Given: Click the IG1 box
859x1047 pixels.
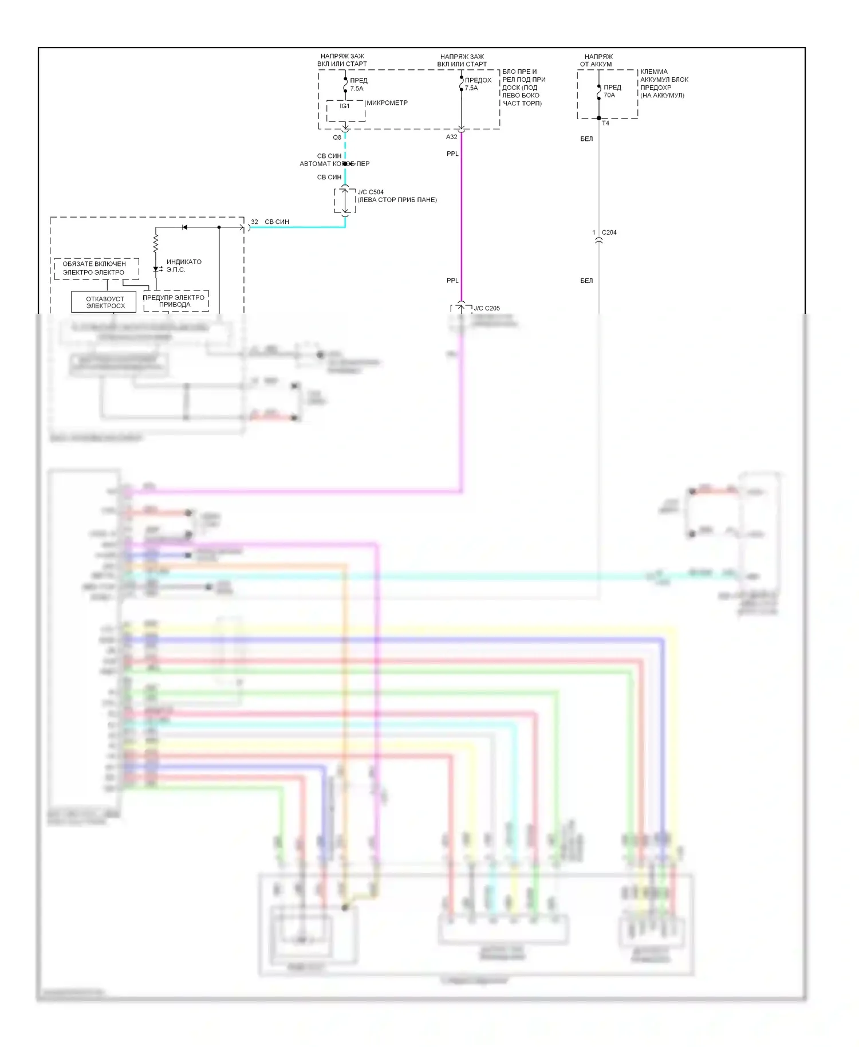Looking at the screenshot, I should (345, 110).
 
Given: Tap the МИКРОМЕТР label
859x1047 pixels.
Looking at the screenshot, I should (387, 103).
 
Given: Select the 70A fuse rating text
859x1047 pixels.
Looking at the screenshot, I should (609, 95).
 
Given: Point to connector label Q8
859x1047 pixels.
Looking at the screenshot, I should (337, 137).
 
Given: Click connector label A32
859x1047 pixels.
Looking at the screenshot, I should (452, 137).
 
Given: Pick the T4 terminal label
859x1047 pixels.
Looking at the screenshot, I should (606, 123).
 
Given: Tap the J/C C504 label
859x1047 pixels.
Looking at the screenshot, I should (371, 192).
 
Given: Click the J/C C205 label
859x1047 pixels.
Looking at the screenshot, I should (487, 308).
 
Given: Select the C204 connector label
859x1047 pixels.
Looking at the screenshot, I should (609, 233).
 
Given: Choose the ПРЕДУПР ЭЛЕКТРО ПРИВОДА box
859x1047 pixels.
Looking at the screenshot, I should (175, 301).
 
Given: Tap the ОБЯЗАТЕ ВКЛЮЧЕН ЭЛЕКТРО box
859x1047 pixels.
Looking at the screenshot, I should (95, 268).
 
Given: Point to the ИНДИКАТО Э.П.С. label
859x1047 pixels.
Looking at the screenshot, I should (183, 265).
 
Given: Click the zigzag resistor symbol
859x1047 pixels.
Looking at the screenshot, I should (156, 243).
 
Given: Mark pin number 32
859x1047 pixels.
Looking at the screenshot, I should (254, 222).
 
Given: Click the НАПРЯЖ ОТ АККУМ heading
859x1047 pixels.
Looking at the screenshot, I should (597, 60).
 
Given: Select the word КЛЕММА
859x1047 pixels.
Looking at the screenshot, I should (654, 72).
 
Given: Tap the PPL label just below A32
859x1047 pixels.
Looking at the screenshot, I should (452, 153).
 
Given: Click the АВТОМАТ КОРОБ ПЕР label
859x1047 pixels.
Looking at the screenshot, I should (334, 164).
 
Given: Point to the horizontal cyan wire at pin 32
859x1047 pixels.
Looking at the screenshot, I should (298, 227).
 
